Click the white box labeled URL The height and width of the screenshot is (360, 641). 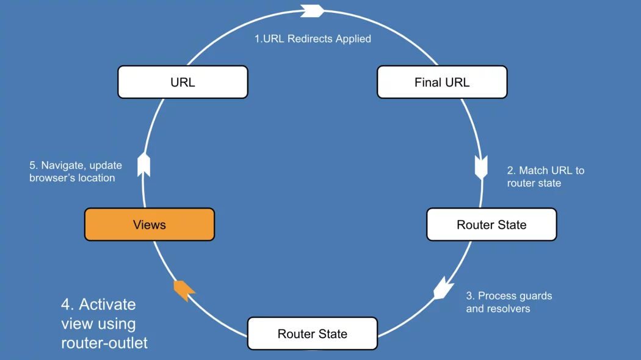183,82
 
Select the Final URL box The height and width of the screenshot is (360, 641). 442,82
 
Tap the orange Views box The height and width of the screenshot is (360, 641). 150,225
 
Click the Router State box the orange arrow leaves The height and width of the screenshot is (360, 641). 313,333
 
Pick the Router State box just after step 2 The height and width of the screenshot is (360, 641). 491,225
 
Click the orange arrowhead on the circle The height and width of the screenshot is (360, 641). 184,290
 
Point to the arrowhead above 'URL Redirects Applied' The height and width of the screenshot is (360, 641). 313,11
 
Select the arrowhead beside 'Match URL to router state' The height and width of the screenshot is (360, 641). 481,167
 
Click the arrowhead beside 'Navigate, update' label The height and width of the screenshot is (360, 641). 144,165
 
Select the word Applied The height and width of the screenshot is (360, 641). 353,39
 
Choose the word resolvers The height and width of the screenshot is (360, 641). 512,309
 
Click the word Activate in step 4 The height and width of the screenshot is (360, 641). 107,304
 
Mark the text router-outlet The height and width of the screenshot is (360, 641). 104,343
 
